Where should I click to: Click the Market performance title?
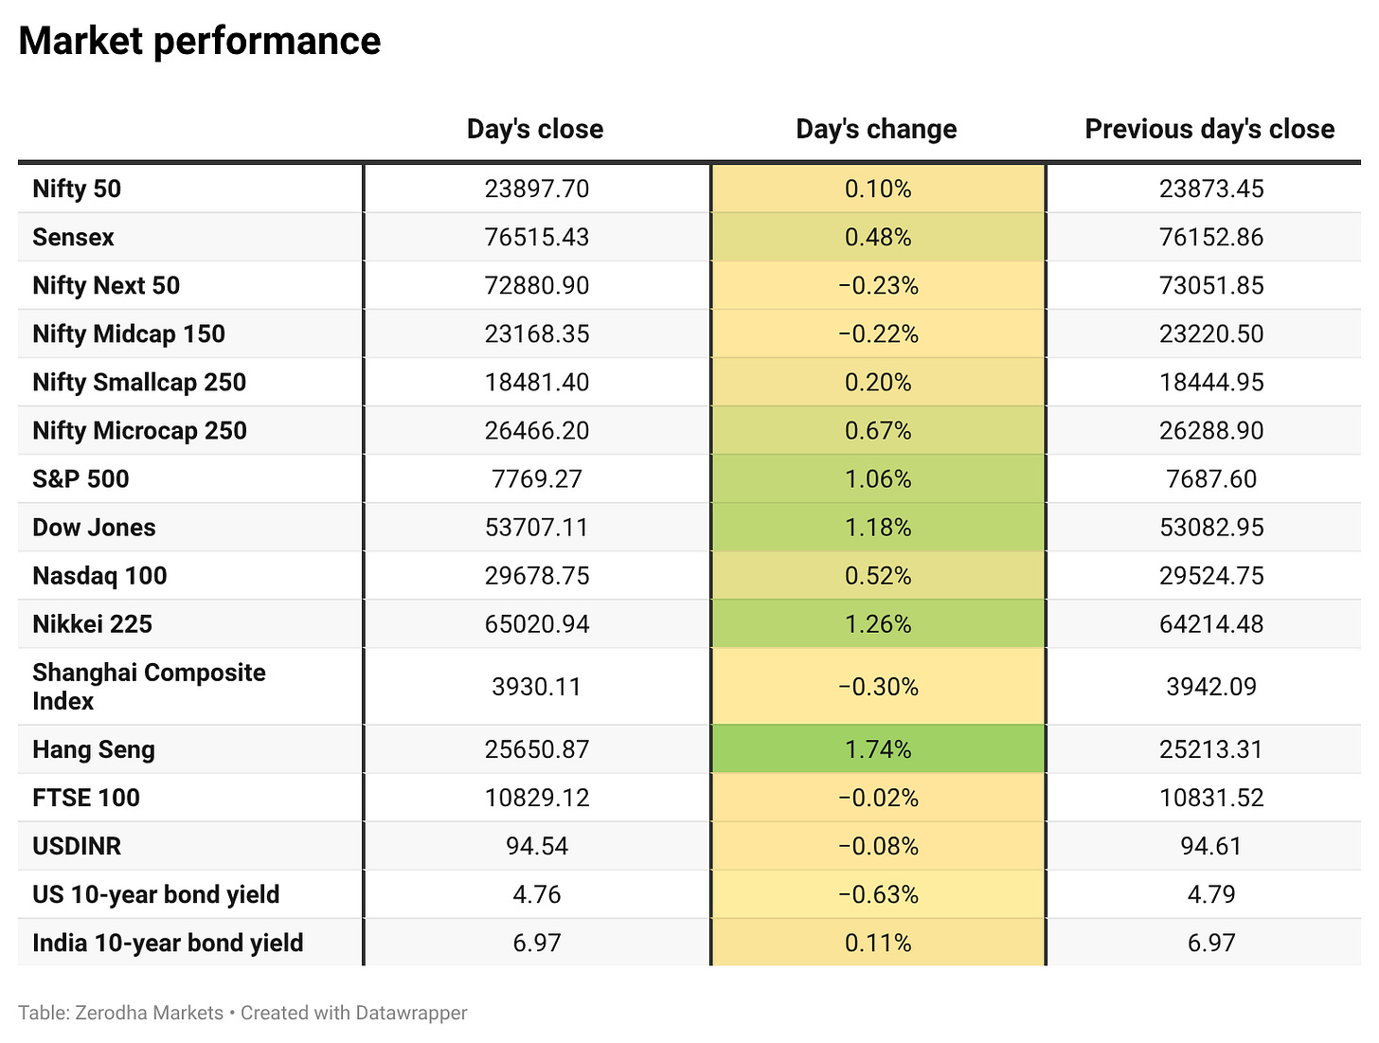(200, 42)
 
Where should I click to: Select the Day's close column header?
(535, 129)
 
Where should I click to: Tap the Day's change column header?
(876, 129)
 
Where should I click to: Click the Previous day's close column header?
(1210, 129)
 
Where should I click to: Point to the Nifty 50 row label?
(77, 189)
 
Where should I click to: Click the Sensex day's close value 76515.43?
(537, 237)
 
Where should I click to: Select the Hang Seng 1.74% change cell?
(878, 749)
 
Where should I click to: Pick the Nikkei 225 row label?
(93, 624)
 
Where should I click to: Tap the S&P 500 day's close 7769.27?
(537, 478)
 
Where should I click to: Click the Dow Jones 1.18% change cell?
(878, 527)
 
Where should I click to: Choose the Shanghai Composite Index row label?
(149, 686)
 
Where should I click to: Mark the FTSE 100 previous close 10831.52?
(1211, 798)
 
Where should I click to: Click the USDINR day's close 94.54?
(537, 846)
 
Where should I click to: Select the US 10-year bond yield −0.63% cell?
(878, 894)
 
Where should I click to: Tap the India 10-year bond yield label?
(168, 943)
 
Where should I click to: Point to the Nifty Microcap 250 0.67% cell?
(878, 430)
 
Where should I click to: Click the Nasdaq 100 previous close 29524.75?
(1211, 576)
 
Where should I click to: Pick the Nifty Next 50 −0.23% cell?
(878, 285)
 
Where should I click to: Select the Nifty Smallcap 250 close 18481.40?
(537, 382)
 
